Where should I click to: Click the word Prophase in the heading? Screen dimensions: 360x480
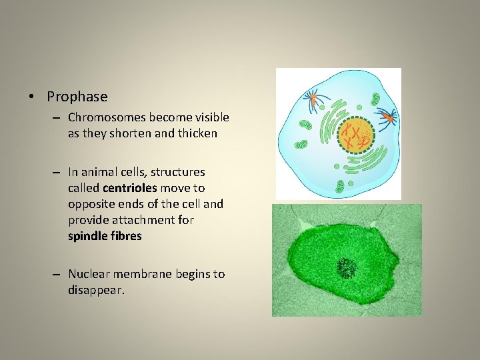pyautogui.click(x=77, y=97)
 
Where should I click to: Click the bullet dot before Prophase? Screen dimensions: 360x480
pyautogui.click(x=32, y=97)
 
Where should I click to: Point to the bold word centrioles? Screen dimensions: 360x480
pyautogui.click(x=128, y=188)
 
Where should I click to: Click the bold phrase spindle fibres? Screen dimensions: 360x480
pyautogui.click(x=105, y=236)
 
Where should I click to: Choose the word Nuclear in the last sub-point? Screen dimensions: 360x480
pyautogui.click(x=87, y=274)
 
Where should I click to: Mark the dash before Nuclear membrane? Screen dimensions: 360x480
pyautogui.click(x=58, y=275)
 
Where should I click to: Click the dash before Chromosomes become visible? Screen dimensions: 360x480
pyautogui.click(x=58, y=118)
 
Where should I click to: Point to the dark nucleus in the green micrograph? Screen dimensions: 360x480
pyautogui.click(x=347, y=268)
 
